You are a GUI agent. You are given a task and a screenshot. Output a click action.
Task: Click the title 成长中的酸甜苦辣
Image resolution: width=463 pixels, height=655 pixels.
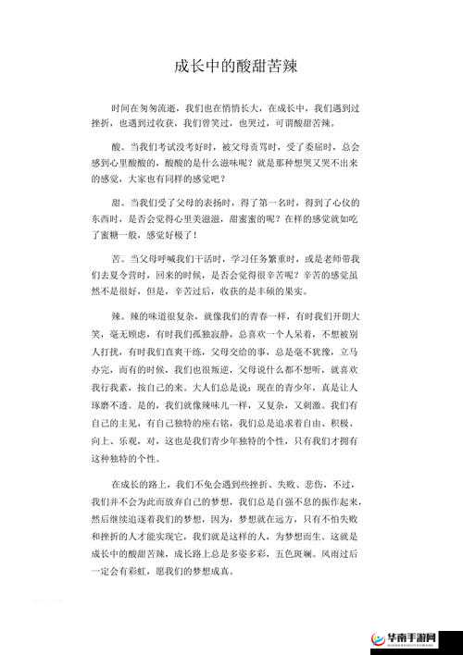231,66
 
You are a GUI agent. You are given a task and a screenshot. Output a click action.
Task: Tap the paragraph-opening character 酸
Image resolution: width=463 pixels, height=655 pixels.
115,147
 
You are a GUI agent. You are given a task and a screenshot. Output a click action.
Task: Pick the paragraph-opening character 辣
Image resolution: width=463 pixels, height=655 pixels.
115,317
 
